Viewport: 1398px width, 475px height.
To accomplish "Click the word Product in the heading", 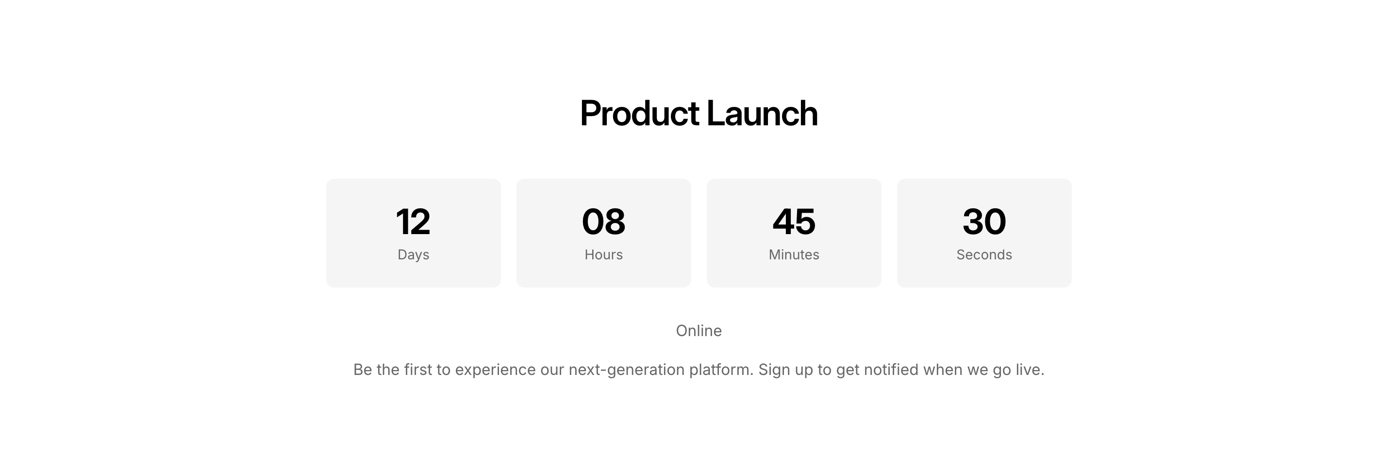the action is (x=640, y=114).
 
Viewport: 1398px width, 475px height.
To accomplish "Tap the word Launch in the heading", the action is (x=762, y=114).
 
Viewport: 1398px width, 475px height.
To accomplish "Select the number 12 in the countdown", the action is (x=413, y=221).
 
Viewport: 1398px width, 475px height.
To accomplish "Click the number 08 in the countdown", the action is (x=603, y=221).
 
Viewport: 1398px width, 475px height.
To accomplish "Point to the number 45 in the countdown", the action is (x=794, y=221).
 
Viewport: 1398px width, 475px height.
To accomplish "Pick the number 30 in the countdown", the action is (x=984, y=221).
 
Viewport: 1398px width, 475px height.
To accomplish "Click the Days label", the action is (x=414, y=255).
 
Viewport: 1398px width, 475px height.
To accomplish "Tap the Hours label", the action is (x=603, y=254).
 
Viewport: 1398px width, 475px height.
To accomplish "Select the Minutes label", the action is (x=794, y=254).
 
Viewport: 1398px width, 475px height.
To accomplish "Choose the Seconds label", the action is (x=984, y=254).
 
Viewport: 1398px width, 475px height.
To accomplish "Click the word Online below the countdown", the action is (x=699, y=331).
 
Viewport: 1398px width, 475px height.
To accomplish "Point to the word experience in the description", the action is (x=495, y=370).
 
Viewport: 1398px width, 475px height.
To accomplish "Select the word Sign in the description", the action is (x=774, y=370).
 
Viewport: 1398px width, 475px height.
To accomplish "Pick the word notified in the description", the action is (x=891, y=370).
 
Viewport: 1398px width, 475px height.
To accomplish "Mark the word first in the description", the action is (x=418, y=370).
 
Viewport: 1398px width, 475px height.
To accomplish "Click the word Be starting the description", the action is (x=363, y=370).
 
